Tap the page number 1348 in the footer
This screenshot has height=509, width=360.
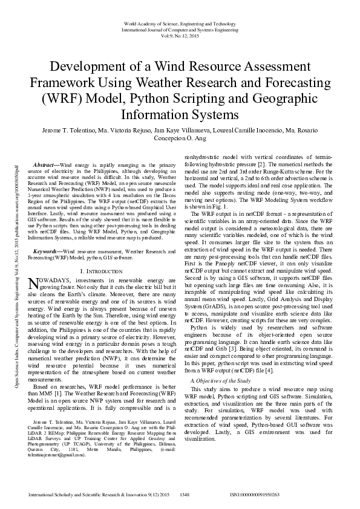185,494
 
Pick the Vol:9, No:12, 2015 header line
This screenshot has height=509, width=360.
180,35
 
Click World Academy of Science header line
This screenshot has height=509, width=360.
180,23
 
